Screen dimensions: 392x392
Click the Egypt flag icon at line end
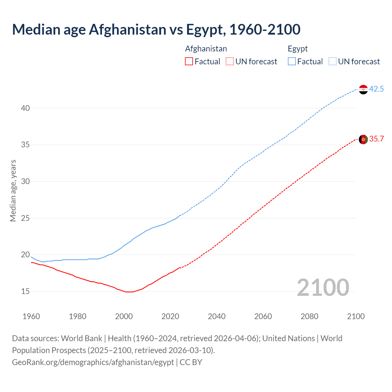click(x=363, y=89)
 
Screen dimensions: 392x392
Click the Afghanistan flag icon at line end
click(x=363, y=139)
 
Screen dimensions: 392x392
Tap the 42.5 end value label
click(x=376, y=89)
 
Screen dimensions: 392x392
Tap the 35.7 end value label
click(x=376, y=139)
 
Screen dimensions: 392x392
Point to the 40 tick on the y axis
click(x=25, y=108)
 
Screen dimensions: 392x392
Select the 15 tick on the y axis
click(x=25, y=291)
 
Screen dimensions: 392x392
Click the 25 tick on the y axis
click(x=25, y=218)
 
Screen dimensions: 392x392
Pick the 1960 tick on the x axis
click(x=31, y=316)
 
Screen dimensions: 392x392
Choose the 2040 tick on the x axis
click(x=217, y=316)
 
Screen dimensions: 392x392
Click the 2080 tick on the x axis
click(x=309, y=316)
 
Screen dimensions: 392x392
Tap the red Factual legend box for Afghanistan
click(x=189, y=62)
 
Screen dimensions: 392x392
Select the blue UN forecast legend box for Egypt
click(x=333, y=62)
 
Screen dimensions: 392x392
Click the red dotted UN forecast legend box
click(x=230, y=62)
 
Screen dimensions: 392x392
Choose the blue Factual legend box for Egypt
click(x=292, y=62)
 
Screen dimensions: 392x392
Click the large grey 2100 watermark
click(x=323, y=288)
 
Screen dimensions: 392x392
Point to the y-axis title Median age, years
click(x=13, y=190)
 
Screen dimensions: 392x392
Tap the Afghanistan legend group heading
click(x=206, y=49)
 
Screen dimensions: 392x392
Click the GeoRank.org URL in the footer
click(x=93, y=362)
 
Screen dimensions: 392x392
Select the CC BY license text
click(x=191, y=362)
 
